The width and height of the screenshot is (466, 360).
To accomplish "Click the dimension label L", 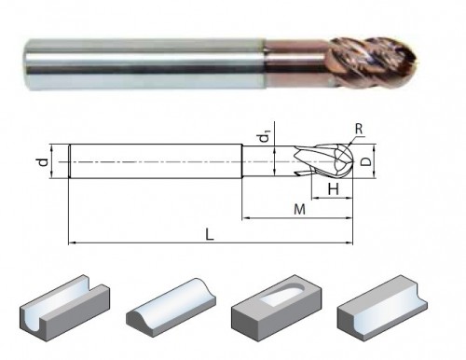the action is coord(210,235).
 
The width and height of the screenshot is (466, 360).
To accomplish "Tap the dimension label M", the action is coord(299,210).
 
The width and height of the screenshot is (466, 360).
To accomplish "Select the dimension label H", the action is coord(334,188).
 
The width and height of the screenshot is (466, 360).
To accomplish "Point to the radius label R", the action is coord(359,129).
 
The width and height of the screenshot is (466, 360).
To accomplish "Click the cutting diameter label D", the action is coord(367,161).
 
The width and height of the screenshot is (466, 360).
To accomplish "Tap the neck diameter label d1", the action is coord(265,137).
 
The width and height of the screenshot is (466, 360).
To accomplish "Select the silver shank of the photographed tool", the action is coord(144,64).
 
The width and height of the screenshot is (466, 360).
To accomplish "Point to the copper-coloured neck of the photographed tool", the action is coord(297,63).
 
